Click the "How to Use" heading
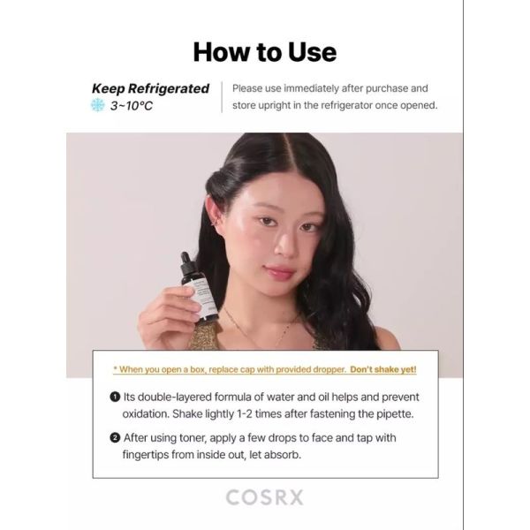click(x=265, y=52)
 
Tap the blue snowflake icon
click(x=98, y=105)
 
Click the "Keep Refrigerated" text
click(x=150, y=88)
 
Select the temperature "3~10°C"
click(x=132, y=106)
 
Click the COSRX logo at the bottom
click(x=265, y=497)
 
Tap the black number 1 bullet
click(x=115, y=397)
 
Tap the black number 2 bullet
click(x=115, y=438)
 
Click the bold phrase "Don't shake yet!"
click(x=383, y=369)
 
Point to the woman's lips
click(x=278, y=271)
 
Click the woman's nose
click(x=284, y=246)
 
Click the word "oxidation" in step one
click(x=146, y=414)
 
